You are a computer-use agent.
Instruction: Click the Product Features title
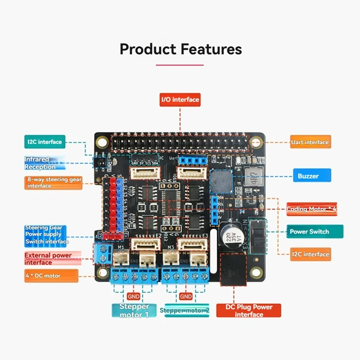coord(180,49)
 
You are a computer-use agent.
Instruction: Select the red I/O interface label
coord(180,99)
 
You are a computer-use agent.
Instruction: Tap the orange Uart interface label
coord(310,142)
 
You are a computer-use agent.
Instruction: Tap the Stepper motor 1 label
coord(134,310)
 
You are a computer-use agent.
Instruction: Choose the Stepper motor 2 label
coord(184,310)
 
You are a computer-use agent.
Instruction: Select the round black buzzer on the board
coord(221,181)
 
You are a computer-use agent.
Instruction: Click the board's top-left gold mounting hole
coord(102,143)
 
